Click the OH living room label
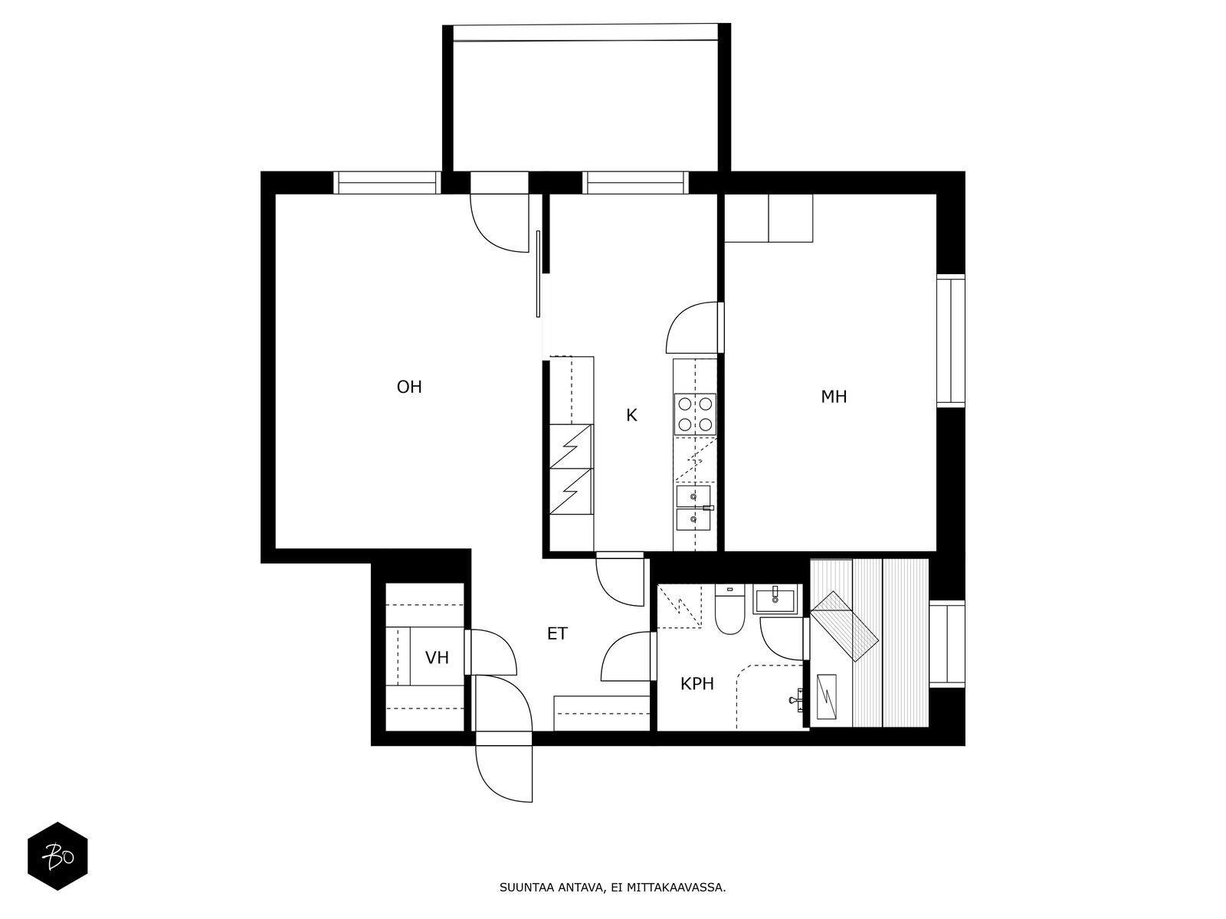click(x=409, y=387)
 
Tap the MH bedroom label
click(x=834, y=397)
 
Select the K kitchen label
click(x=631, y=415)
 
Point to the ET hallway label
click(x=557, y=634)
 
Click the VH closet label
click(x=437, y=658)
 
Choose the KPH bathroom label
click(x=697, y=684)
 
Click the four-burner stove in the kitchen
click(x=696, y=414)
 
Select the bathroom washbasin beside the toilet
click(x=775, y=599)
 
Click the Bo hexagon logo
click(x=57, y=857)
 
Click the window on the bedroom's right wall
click(x=951, y=341)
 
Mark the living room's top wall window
click(x=387, y=182)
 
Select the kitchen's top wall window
click(x=635, y=182)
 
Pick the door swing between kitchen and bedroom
click(x=691, y=328)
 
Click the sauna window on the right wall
click(x=947, y=644)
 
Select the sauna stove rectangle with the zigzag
click(x=826, y=696)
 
